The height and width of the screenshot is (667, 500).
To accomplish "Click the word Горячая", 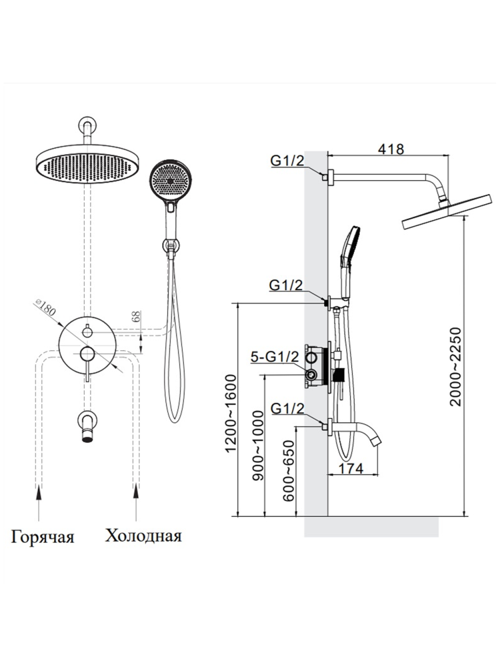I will pos(41,537).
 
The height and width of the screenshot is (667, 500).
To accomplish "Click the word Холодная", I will pos(143,536).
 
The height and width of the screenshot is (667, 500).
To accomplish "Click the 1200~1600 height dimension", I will pos(231,412).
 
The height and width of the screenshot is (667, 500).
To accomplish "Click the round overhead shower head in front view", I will pos(85,164).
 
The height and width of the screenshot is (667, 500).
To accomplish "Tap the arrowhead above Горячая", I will pos(39,492).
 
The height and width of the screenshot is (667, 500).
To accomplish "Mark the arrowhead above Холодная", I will pos(137,492).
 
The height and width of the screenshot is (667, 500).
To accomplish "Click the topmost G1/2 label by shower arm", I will pos(287,160).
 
